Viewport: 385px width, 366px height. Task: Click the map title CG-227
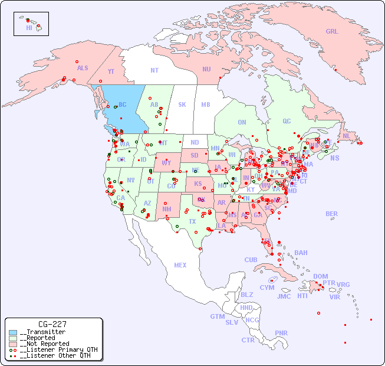[52, 324]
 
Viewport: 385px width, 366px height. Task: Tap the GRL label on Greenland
[332, 31]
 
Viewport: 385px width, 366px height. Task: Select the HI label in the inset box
[29, 28]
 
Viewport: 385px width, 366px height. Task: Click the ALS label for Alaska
[83, 68]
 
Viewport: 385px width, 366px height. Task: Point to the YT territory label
[111, 71]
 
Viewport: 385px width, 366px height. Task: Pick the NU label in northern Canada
[206, 69]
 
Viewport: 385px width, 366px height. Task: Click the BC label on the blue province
[123, 104]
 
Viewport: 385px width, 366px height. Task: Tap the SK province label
[182, 104]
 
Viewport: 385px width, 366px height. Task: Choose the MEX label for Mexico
[180, 265]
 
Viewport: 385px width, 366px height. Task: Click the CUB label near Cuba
[251, 260]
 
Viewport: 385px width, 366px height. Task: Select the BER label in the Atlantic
[331, 214]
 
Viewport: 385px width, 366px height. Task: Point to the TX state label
[192, 221]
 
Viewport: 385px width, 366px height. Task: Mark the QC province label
[287, 121]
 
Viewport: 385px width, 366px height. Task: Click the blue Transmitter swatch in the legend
[13, 332]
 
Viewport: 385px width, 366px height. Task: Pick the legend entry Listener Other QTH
[55, 355]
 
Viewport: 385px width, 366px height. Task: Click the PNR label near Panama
[281, 333]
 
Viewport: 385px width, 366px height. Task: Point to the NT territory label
[154, 70]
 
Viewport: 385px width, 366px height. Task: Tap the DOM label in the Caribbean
[320, 276]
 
